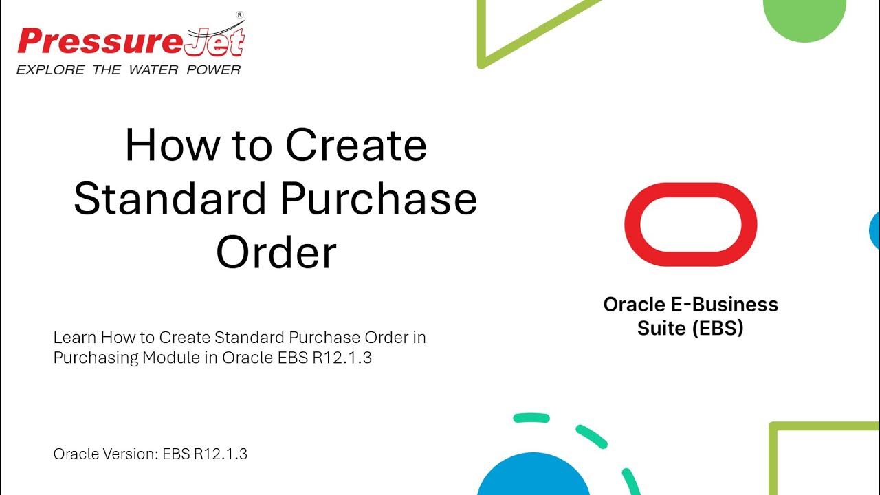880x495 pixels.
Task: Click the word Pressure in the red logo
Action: coord(100,42)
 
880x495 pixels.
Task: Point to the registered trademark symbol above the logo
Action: coord(240,14)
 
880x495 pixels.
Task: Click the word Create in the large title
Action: coord(356,146)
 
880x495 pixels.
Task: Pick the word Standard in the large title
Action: coord(169,199)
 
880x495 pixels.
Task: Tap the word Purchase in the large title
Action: coord(378,199)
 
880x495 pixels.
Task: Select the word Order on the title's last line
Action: coord(276,252)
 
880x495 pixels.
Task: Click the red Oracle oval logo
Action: coord(690,224)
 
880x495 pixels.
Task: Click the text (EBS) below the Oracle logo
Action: coord(718,328)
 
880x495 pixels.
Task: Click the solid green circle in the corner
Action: coord(804,14)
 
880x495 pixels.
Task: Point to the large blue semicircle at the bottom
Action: coord(533,478)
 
